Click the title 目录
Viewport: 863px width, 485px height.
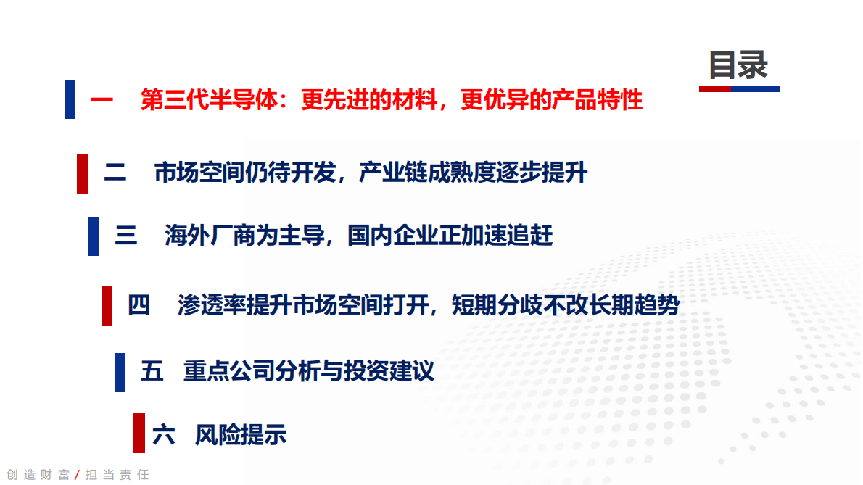tap(738, 65)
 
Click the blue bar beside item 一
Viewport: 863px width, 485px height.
tap(70, 99)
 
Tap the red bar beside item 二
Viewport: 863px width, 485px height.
tap(83, 174)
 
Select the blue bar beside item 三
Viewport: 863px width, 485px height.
tap(94, 236)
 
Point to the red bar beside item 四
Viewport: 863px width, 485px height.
tap(107, 306)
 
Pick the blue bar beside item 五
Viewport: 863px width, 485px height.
tap(120, 373)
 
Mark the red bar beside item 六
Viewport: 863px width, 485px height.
tap(139, 434)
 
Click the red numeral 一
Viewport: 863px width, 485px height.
tap(102, 100)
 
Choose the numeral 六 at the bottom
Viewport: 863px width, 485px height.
tap(164, 435)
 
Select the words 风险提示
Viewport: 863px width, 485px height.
tap(241, 435)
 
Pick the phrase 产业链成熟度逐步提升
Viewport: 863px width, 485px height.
tap(473, 174)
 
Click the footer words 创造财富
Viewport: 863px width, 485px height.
tap(38, 475)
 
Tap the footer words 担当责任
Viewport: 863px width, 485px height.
tap(117, 475)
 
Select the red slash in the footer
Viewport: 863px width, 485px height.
tap(78, 475)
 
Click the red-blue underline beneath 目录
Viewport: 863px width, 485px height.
tap(740, 88)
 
